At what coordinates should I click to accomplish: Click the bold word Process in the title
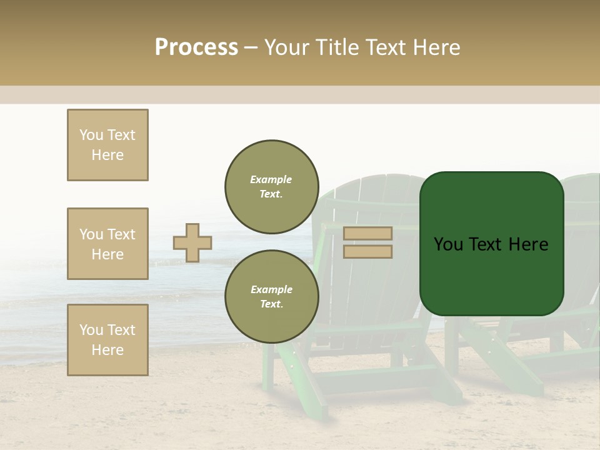point(196,47)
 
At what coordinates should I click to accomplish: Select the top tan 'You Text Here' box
point(107,145)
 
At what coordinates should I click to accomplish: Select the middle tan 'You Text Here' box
point(107,244)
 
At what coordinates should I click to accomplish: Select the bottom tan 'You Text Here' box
point(107,340)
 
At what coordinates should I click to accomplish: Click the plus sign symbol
point(192,242)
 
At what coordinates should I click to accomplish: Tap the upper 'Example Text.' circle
point(271,187)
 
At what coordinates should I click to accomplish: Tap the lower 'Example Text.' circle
point(271,297)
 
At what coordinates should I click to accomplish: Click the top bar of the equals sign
point(367,234)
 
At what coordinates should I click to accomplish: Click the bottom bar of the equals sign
point(367,251)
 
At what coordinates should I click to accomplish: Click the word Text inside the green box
point(491,244)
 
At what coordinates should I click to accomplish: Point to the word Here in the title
point(436,47)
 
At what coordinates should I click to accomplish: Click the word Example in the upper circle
point(271,179)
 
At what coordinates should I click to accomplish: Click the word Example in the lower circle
point(271,289)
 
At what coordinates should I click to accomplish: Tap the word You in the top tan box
point(91,135)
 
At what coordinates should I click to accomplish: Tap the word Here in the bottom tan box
point(107,350)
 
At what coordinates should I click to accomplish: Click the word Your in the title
point(286,47)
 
